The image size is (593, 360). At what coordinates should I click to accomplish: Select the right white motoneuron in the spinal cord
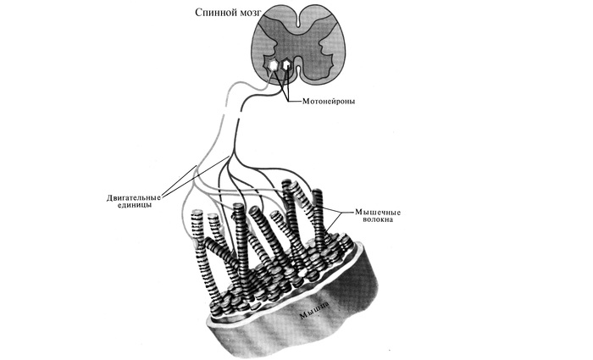tap(289, 63)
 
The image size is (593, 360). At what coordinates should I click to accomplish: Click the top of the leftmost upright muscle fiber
tap(196, 217)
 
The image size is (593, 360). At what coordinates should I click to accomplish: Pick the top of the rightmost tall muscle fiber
tap(319, 194)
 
